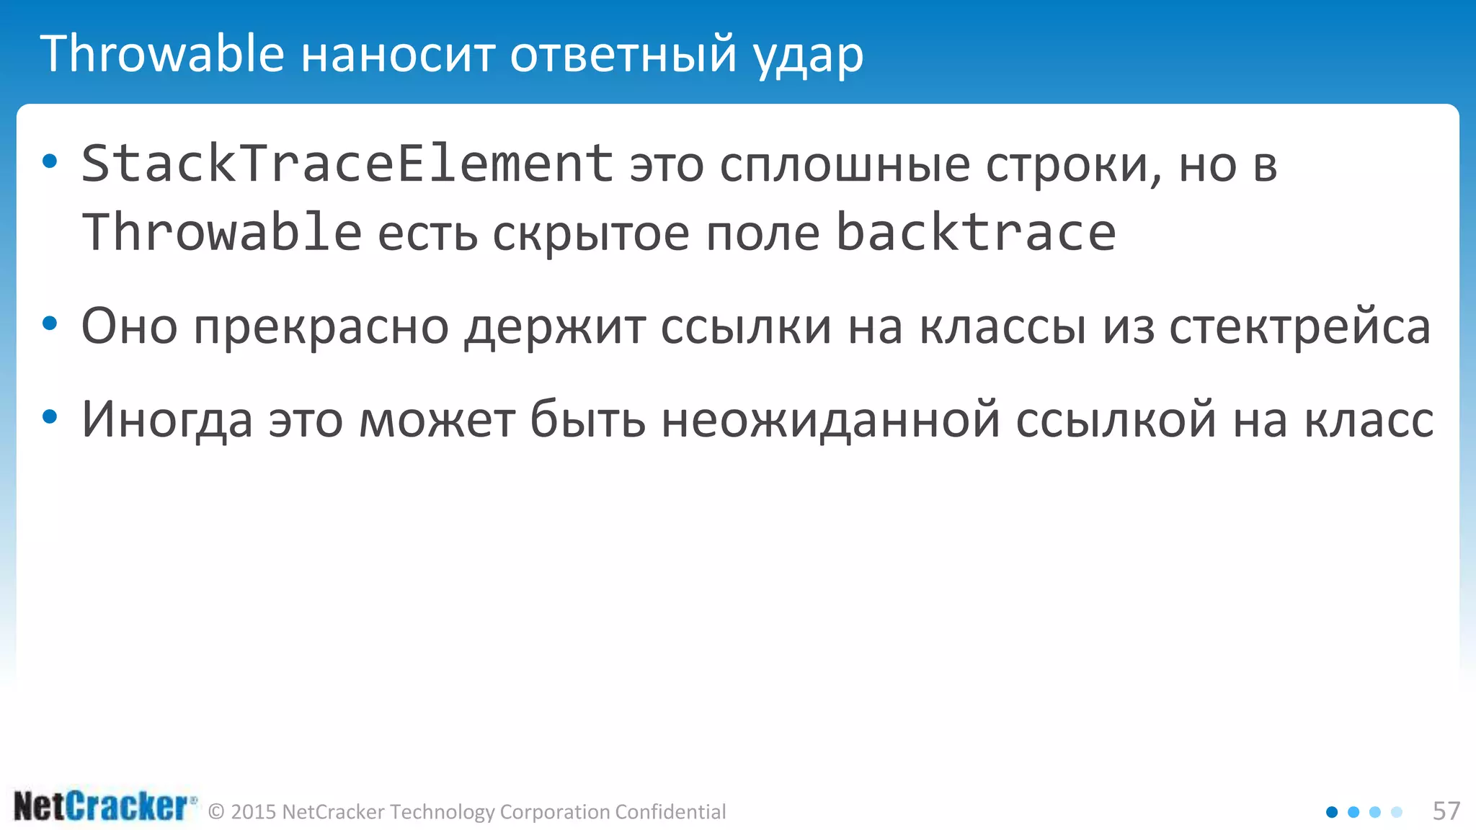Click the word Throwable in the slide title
[x=162, y=54]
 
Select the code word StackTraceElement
[x=347, y=164]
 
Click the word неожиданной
[x=830, y=420]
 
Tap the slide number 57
[x=1446, y=811]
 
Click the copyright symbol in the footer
[x=216, y=812]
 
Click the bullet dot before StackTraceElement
[x=50, y=161]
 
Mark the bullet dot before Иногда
[x=50, y=416]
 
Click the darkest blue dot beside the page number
[x=1332, y=812]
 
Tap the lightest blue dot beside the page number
[x=1397, y=812]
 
